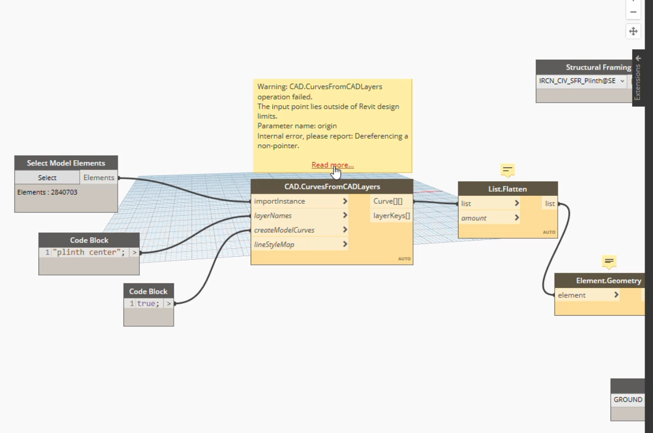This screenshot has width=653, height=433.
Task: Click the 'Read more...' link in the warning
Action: click(x=333, y=165)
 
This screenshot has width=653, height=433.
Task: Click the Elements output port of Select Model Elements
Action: click(x=98, y=177)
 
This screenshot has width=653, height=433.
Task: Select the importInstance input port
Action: click(x=300, y=201)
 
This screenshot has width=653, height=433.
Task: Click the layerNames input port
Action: click(x=300, y=215)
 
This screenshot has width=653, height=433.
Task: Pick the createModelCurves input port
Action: click(x=300, y=230)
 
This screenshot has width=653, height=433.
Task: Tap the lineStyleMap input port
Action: click(x=300, y=245)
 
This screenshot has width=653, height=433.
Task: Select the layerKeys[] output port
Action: click(x=391, y=215)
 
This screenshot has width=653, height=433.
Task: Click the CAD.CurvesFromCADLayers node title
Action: click(x=332, y=186)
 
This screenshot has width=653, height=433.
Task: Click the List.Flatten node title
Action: click(x=507, y=188)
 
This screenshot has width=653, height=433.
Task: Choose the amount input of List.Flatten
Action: click(x=489, y=218)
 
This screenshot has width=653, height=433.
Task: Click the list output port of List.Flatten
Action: click(x=550, y=203)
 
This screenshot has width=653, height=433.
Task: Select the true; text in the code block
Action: click(x=149, y=303)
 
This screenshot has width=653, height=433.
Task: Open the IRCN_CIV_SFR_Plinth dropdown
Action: click(x=581, y=81)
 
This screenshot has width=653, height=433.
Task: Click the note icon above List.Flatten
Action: click(x=507, y=170)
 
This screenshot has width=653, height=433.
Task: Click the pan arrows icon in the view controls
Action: click(x=633, y=31)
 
